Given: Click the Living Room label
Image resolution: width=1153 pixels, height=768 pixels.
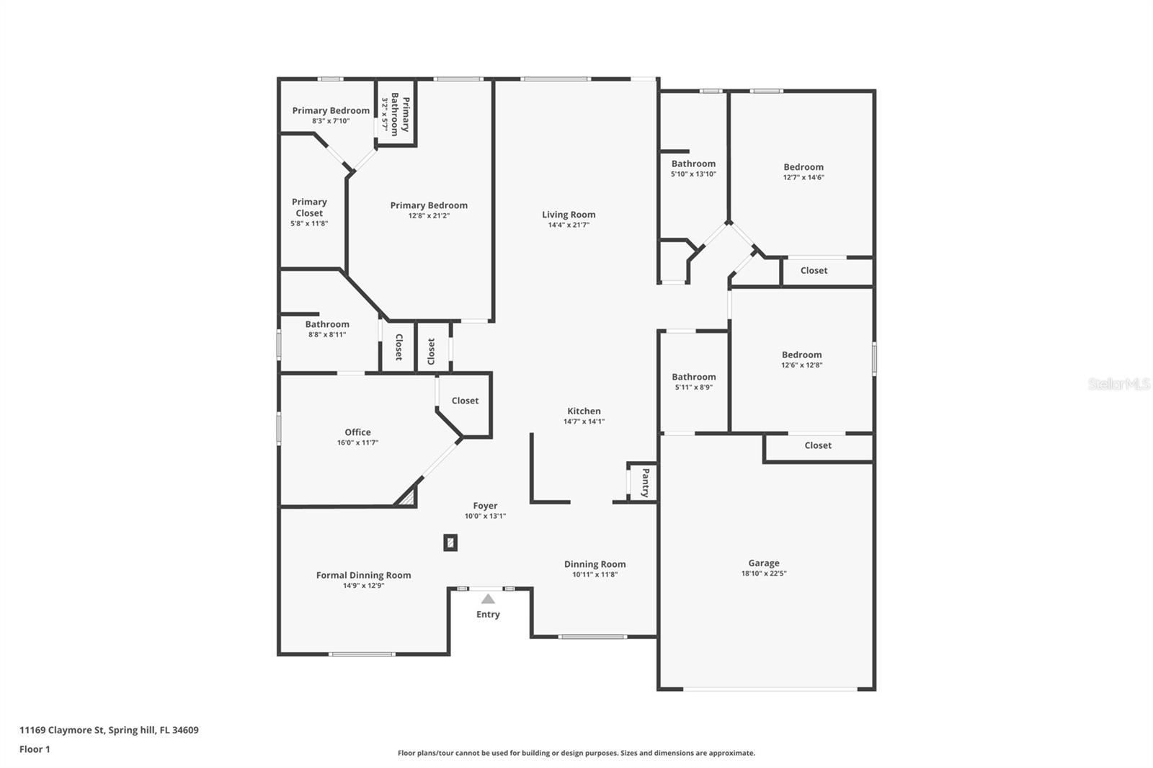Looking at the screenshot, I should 569,215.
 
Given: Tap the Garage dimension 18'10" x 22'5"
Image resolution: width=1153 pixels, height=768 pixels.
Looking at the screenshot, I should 763,573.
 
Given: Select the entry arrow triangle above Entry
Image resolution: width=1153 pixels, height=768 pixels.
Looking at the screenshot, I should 488,599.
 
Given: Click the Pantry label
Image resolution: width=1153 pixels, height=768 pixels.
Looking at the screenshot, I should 645,483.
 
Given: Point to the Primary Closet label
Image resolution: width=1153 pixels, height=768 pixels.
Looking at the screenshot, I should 309,207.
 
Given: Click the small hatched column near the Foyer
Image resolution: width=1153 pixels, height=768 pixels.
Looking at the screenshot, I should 450,542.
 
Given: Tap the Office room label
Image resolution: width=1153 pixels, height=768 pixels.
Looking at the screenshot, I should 357,432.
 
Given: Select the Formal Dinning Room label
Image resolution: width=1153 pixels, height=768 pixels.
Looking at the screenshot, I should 363,575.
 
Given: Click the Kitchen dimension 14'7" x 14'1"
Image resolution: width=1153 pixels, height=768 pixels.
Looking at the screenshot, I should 584,421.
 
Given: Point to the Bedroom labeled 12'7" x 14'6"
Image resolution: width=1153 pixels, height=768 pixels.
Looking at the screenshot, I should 803,167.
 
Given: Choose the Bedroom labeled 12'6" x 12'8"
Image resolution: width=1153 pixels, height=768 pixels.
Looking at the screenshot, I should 801,354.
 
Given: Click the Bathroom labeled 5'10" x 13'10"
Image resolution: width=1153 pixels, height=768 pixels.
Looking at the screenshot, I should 693,164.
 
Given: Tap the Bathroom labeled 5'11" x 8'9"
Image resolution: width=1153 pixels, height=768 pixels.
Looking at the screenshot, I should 693,377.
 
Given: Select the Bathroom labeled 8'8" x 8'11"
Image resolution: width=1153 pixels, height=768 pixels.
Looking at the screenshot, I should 327,324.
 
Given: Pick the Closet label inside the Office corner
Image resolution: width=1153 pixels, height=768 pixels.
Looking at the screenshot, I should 465,401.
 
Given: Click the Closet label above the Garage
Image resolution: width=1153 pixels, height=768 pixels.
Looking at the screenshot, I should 817,445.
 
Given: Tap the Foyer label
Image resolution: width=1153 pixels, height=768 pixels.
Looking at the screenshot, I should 485,506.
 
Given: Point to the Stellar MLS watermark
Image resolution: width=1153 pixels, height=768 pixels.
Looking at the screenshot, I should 1118,384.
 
